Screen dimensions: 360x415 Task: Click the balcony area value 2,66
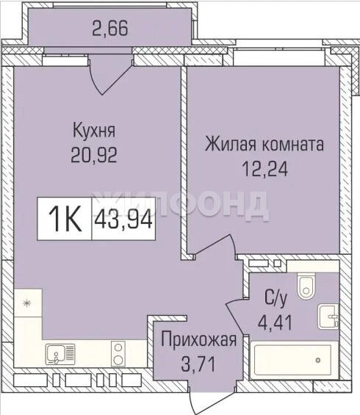110,28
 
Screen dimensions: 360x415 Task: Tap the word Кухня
94,130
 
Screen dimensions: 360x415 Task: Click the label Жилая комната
264,144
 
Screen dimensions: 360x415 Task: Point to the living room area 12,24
265,169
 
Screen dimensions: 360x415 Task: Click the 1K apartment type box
65,219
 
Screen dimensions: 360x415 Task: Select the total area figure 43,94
123,219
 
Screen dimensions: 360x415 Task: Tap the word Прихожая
198,339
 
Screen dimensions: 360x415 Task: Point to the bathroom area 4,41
276,322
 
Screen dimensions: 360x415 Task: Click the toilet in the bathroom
306,286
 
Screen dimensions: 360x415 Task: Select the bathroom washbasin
328,317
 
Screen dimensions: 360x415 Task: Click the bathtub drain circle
318,360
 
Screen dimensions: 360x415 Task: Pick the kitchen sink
60,354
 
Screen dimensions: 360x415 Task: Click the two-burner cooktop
118,353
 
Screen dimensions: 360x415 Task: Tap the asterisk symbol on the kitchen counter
27,303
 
